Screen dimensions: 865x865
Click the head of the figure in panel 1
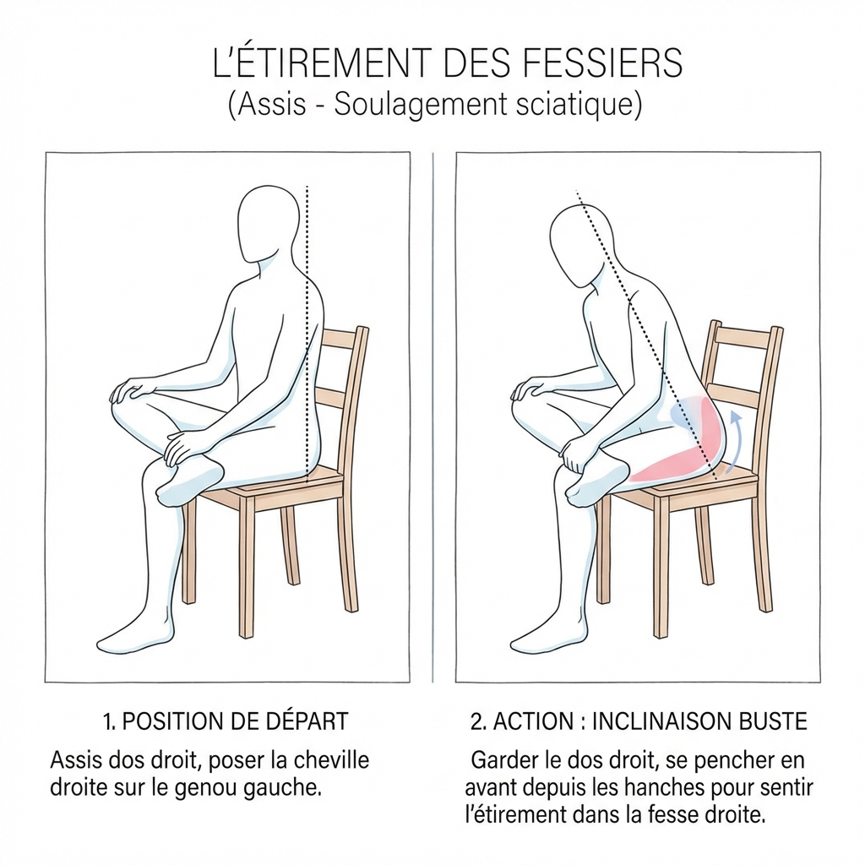269,225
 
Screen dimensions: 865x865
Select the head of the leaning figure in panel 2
579,243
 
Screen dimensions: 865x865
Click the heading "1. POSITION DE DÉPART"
226,721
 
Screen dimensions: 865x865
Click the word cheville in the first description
330,760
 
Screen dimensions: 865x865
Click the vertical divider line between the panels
433,417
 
